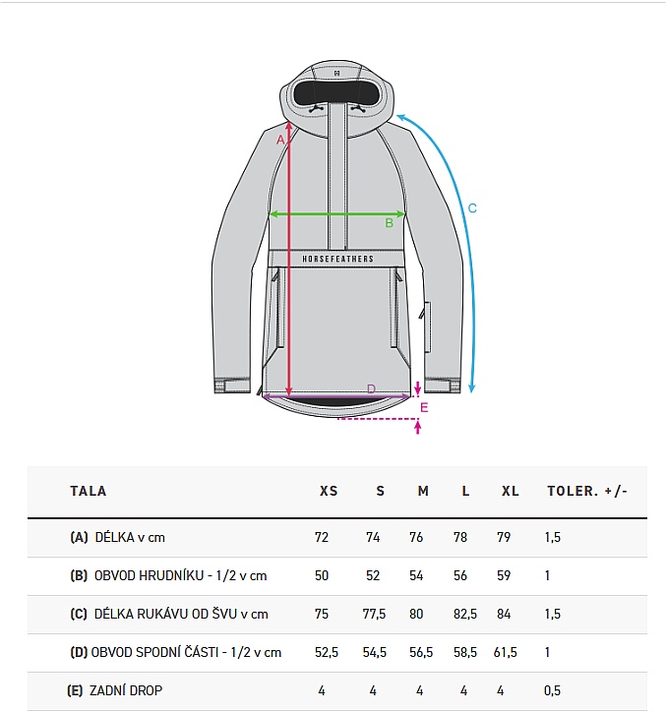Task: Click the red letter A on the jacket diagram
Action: (x=280, y=140)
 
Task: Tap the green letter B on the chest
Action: (x=389, y=223)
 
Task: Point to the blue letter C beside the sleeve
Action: (x=472, y=208)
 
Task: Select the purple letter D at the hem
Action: (x=371, y=389)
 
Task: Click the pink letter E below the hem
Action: (x=424, y=408)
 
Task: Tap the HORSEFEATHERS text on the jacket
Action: (x=338, y=259)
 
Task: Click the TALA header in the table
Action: (x=89, y=491)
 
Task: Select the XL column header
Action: (x=511, y=491)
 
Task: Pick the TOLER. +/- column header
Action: (x=587, y=491)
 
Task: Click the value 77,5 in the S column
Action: (x=374, y=614)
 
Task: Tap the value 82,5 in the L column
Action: (x=464, y=614)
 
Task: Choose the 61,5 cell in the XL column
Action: (x=506, y=653)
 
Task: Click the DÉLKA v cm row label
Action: (x=130, y=538)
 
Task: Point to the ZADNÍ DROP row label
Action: (x=126, y=690)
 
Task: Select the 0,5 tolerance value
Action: (x=552, y=690)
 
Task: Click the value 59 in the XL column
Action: (x=504, y=575)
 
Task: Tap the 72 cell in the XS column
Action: (x=321, y=538)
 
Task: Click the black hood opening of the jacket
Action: (x=336, y=92)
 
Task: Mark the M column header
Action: (x=423, y=491)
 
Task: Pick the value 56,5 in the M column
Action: (x=421, y=653)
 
